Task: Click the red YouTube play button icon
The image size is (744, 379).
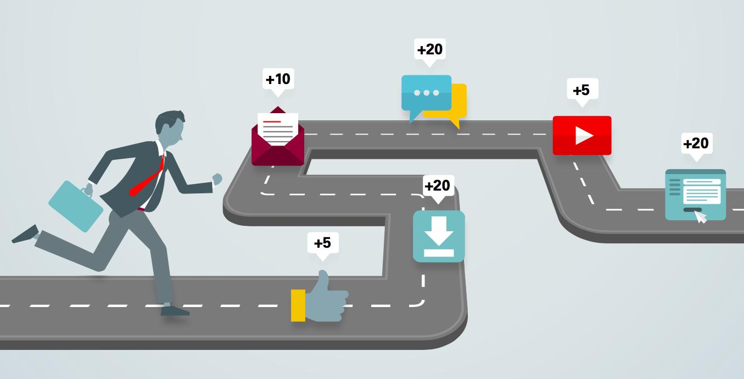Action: pos(581,135)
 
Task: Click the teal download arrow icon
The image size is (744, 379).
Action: pos(439,236)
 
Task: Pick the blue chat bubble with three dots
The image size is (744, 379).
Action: pos(426,93)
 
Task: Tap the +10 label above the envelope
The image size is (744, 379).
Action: pos(278,79)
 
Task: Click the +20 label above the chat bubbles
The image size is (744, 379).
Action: pos(429,49)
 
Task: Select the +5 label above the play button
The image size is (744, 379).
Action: pos(581,90)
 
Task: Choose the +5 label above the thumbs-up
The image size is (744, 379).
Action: pos(322,242)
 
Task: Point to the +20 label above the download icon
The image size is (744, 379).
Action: pos(437,186)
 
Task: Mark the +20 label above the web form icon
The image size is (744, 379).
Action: pos(696,143)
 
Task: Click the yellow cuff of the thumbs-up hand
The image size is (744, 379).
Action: pos(298,305)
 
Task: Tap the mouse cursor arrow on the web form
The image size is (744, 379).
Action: pos(701,217)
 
